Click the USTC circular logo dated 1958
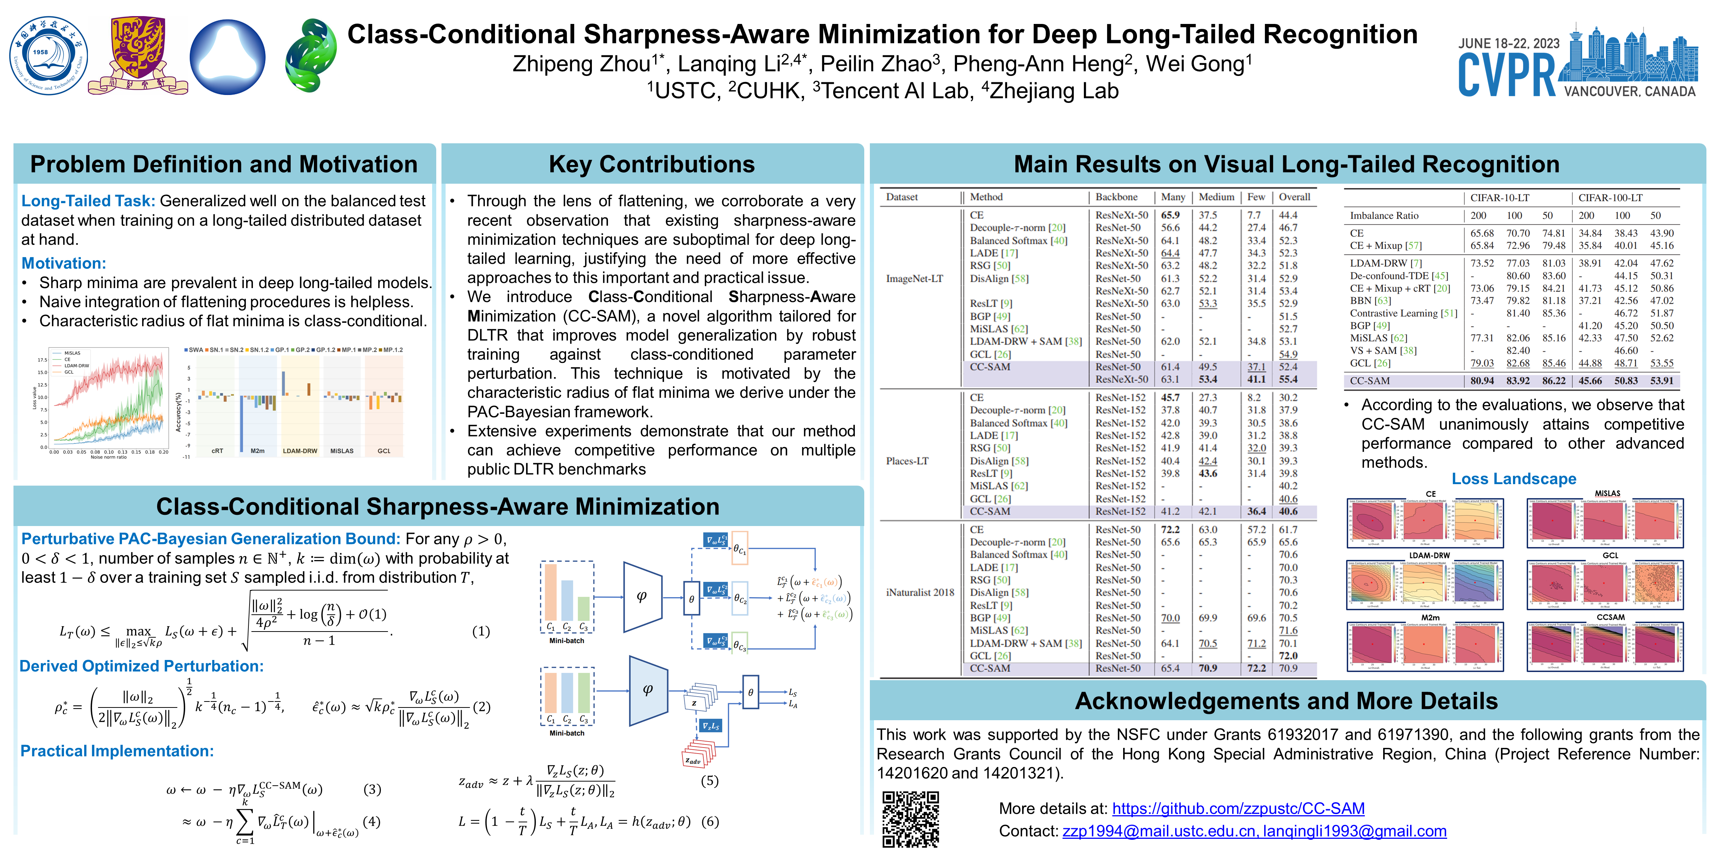tap(48, 55)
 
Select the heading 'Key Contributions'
tap(651, 165)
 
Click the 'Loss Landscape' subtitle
tap(1513, 479)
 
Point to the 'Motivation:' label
tap(64, 263)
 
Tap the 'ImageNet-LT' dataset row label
tap(914, 278)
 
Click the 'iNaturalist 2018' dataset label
tap(920, 592)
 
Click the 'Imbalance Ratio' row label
tap(1383, 215)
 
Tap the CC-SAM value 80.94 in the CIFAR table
tap(1482, 381)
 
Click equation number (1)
tap(480, 631)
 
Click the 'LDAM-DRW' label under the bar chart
tap(300, 451)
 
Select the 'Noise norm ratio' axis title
tap(108, 458)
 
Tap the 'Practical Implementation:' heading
tap(117, 751)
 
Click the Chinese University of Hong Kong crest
tap(138, 55)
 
